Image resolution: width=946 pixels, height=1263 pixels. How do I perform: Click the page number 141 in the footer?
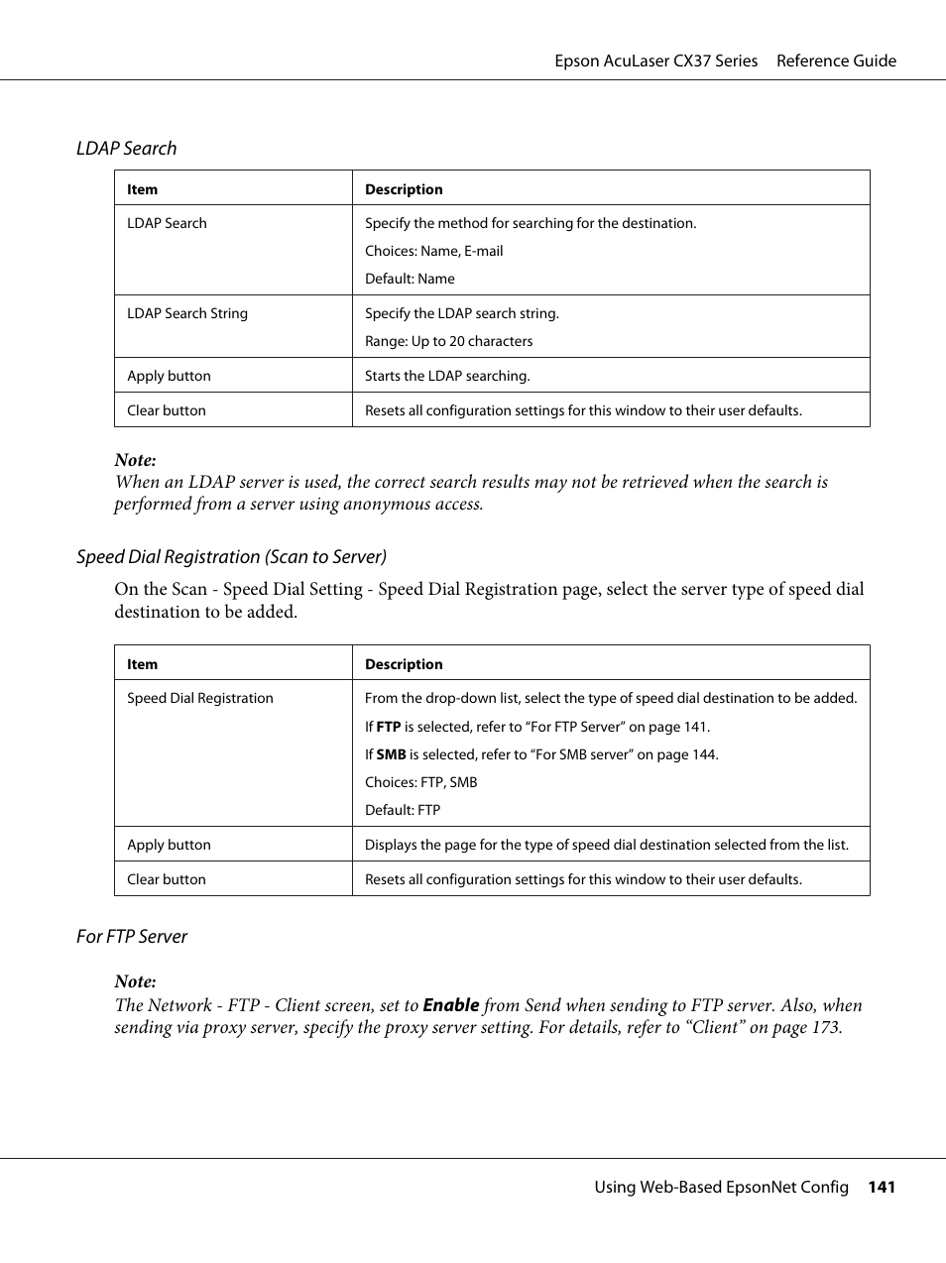(x=882, y=1187)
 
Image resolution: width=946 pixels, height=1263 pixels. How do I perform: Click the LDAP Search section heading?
(x=126, y=148)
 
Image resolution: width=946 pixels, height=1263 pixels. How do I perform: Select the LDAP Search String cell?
(x=187, y=313)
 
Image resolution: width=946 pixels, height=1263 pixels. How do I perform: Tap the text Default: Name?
(x=410, y=279)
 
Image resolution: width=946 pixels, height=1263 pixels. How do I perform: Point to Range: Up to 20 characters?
(x=448, y=341)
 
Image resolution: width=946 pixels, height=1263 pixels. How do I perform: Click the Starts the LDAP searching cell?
(x=447, y=376)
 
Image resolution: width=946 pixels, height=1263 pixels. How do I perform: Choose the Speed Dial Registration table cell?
(x=199, y=698)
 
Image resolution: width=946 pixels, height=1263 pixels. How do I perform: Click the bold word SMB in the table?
(x=391, y=754)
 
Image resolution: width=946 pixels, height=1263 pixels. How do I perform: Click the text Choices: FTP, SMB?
(x=420, y=782)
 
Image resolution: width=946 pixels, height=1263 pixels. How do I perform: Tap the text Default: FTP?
(x=402, y=810)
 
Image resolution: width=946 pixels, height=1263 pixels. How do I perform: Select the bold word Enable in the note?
(x=450, y=1004)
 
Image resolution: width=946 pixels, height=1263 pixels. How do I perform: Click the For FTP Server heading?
(x=132, y=936)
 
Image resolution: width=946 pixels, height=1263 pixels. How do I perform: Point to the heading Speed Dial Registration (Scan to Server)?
(x=231, y=556)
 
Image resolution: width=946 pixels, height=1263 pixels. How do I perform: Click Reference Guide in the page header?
(x=836, y=60)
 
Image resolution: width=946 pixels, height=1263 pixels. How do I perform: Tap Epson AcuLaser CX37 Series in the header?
(x=655, y=60)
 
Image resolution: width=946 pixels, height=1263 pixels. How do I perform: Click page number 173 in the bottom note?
(x=824, y=1027)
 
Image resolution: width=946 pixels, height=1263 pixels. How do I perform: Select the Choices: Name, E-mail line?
(x=433, y=251)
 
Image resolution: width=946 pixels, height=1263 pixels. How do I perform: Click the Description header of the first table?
(x=404, y=189)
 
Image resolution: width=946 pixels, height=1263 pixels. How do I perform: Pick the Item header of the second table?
(x=142, y=664)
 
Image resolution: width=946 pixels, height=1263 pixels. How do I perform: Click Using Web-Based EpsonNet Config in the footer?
(x=721, y=1187)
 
